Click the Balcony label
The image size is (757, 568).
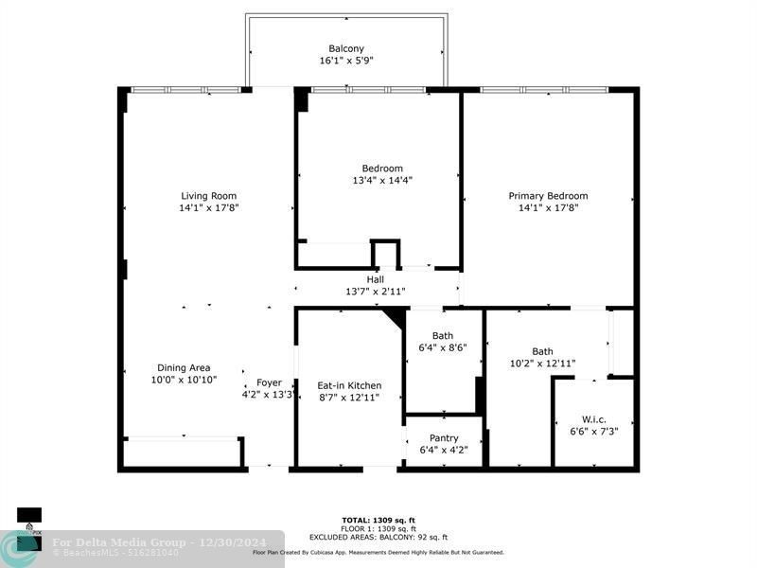point(346,48)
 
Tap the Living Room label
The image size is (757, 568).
point(209,196)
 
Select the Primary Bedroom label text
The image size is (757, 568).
point(548,196)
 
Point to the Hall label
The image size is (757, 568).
point(376,279)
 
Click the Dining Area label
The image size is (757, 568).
point(184,367)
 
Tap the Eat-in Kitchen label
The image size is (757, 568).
point(349,385)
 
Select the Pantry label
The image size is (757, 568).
point(444,438)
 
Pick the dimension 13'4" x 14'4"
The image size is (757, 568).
point(382,180)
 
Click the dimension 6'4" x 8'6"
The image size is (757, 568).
point(443,347)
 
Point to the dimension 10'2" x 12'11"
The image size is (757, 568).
point(542,363)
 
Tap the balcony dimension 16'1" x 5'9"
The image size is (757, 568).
point(346,61)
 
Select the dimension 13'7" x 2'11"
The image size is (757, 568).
point(376,292)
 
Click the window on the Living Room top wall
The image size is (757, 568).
point(185,90)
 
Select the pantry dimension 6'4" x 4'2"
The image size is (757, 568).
point(444,451)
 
